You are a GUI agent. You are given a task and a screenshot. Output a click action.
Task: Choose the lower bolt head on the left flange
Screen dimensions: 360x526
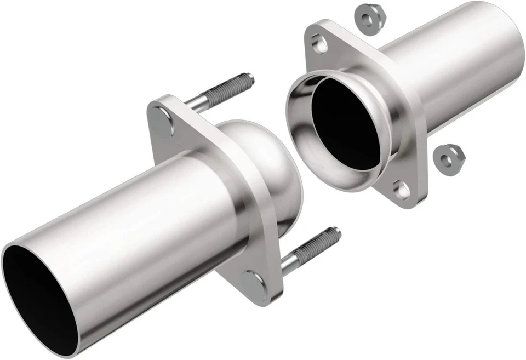pyautogui.click(x=254, y=281)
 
